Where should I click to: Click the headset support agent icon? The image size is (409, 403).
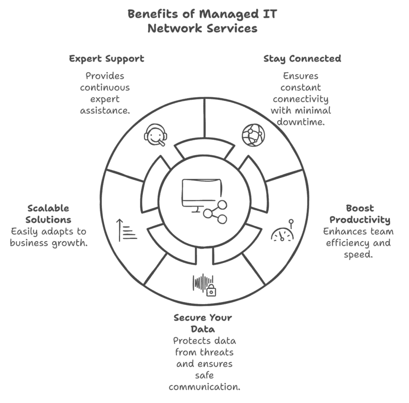(155, 135)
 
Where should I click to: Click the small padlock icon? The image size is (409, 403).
(211, 290)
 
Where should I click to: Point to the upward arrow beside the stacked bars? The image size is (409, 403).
(120, 230)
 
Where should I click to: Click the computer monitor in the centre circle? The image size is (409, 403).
(201, 194)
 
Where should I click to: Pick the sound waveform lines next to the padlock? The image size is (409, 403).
(201, 281)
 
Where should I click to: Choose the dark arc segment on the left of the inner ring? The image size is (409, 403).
(150, 186)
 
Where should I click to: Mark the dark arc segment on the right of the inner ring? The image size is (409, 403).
(259, 186)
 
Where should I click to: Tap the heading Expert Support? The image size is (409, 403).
(107, 58)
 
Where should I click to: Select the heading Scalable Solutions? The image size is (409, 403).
(48, 213)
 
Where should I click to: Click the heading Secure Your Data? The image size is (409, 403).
(204, 323)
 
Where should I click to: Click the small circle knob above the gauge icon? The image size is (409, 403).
(291, 221)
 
